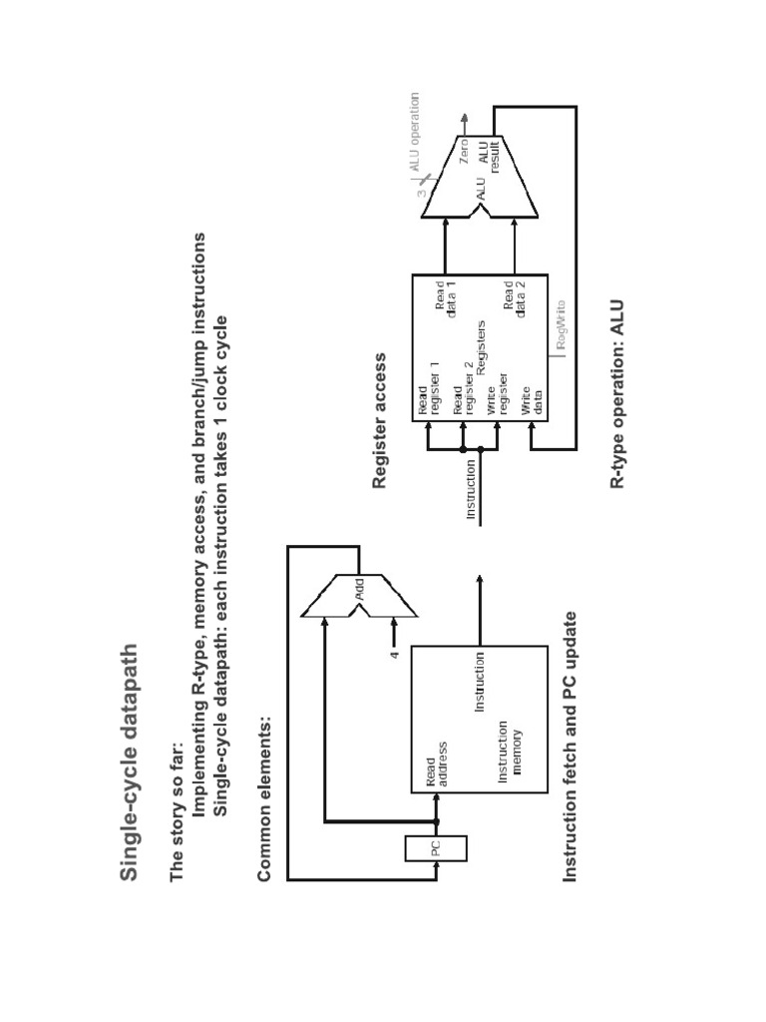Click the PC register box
click(x=436, y=848)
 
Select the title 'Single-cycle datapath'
click(x=129, y=763)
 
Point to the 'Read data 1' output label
click(x=446, y=298)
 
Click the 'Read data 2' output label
click(x=514, y=298)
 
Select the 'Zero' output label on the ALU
click(x=463, y=151)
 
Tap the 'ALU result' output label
click(x=489, y=158)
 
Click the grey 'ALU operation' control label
click(x=414, y=132)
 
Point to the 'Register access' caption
click(x=379, y=420)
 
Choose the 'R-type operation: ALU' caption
click(x=617, y=393)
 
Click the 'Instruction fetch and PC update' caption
click(x=570, y=747)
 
